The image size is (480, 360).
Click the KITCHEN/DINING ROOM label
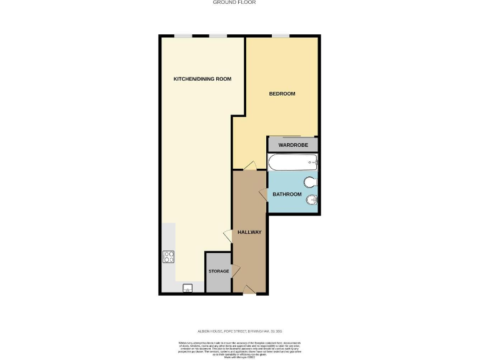click(202, 79)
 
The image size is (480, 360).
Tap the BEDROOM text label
click(282, 94)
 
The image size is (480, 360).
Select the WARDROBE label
click(292, 145)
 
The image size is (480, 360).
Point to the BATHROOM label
click(287, 194)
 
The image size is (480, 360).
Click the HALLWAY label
click(249, 232)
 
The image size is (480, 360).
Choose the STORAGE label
click(217, 272)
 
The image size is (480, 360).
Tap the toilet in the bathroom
click(311, 182)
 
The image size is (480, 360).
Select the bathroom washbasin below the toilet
click(312, 201)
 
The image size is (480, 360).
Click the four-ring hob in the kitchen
click(169, 256)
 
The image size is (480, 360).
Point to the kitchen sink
click(187, 288)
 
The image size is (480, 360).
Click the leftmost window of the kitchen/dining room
click(182, 36)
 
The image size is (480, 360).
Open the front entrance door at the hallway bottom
click(249, 289)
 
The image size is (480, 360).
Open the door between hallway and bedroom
click(249, 166)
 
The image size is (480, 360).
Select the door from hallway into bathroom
click(263, 196)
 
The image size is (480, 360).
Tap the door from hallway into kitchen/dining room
click(228, 236)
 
